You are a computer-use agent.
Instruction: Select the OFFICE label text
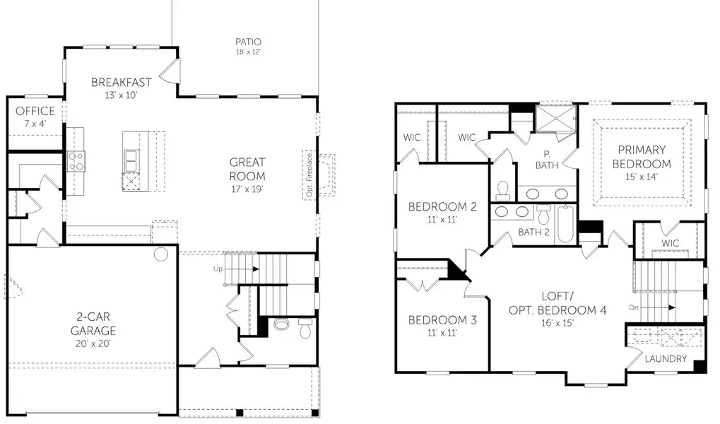pos(35,111)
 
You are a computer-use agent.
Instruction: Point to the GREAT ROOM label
pos(247,169)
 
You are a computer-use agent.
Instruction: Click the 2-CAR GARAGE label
pos(93,324)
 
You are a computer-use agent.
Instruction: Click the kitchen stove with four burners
pos(76,161)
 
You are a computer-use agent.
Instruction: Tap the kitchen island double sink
pos(131,161)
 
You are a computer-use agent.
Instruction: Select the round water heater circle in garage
pos(160,254)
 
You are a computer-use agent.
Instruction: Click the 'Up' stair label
pos(218,269)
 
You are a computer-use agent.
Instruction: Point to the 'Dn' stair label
pos(634,307)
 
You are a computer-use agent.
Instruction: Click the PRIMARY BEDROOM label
pos(642,156)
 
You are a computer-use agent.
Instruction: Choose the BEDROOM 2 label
pos(443,207)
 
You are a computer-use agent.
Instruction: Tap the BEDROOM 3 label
pos(443,320)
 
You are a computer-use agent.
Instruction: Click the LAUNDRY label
pos(666,358)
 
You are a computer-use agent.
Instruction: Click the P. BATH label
pos(546,159)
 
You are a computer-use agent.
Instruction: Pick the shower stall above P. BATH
pos(556,118)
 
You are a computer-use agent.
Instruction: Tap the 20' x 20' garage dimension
pos(93,343)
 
